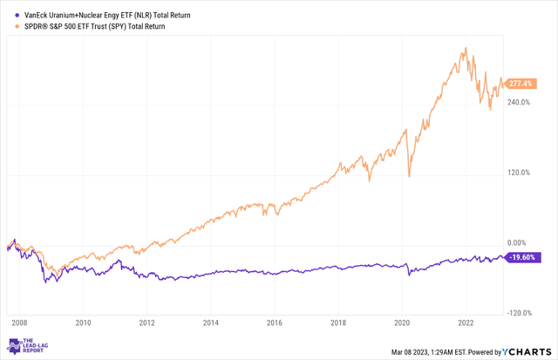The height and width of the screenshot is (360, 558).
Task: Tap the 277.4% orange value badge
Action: (x=522, y=83)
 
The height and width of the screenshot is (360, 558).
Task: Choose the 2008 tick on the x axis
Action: (x=19, y=323)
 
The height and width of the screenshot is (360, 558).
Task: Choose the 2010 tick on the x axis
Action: (x=83, y=323)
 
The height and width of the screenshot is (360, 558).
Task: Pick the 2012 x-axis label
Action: (x=147, y=323)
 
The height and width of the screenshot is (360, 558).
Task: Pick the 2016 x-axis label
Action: (x=275, y=323)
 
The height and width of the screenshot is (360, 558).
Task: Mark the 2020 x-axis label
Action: (x=402, y=323)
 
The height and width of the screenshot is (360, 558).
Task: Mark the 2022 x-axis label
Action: (x=466, y=323)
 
